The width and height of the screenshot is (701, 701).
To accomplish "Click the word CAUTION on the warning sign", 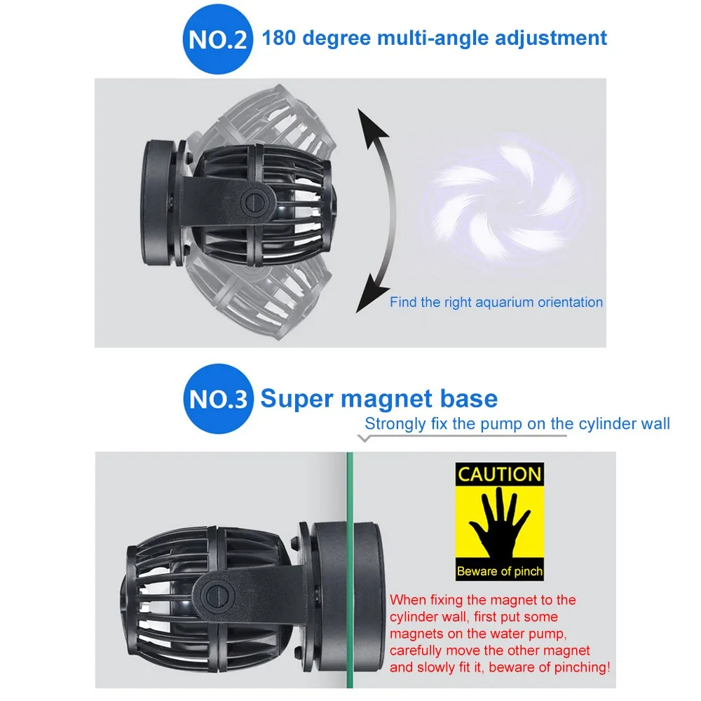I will [499, 474].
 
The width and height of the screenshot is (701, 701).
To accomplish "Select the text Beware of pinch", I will [499, 571].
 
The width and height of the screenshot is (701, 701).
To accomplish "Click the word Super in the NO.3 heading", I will [297, 399].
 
